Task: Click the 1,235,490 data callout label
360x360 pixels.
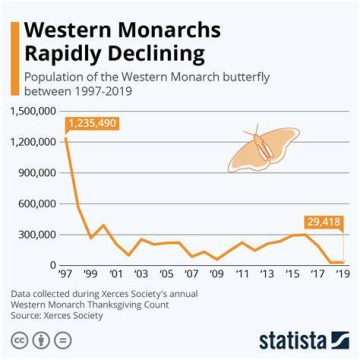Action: pos(92,123)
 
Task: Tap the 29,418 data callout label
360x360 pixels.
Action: pos(323,222)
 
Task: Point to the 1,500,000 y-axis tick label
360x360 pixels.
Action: pos(33,111)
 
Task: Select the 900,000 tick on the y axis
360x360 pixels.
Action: pos(37,173)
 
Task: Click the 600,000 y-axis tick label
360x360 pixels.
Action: pos(37,203)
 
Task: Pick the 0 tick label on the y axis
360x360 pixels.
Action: pos(53,265)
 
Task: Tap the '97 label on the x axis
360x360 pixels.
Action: pos(65,273)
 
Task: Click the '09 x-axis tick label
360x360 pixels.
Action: pos(216,273)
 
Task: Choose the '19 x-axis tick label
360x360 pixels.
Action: pos(343,273)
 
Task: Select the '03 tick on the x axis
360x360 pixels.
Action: pos(141,273)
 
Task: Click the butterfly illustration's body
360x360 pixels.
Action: pos(263,147)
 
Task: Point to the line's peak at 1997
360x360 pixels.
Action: pos(66,138)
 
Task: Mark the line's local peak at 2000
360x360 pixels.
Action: pos(103,225)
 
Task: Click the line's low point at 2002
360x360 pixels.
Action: pos(128,255)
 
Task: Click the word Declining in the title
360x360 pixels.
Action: pos(156,53)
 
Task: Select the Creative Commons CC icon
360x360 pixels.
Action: pos(19,340)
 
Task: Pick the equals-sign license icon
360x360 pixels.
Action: pos(63,340)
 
